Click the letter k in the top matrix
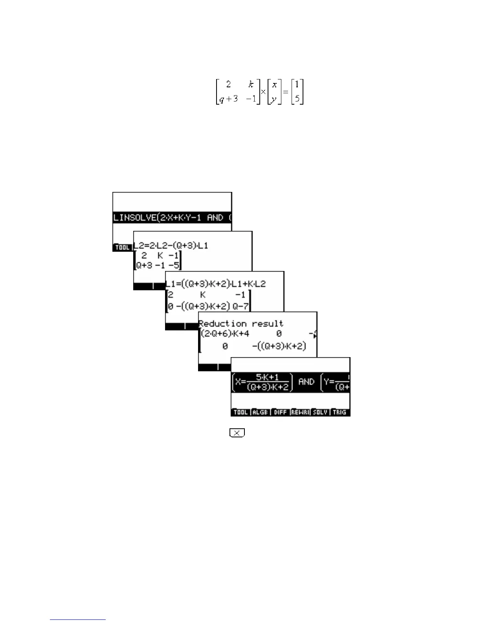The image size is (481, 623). (x=251, y=84)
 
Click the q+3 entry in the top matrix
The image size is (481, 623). (x=229, y=98)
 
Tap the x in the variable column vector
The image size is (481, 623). (x=274, y=85)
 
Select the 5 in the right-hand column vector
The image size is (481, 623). (x=297, y=98)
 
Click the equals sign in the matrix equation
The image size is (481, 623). (x=286, y=92)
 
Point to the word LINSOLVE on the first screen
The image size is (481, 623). (x=134, y=217)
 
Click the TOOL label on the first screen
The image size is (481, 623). (x=122, y=247)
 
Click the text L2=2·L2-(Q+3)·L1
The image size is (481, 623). (x=171, y=245)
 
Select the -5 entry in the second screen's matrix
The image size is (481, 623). (x=174, y=265)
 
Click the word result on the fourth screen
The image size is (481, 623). (x=267, y=324)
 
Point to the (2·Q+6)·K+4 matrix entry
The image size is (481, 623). (x=225, y=334)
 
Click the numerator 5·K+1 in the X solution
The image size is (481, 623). (x=267, y=377)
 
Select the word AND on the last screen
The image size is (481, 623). (x=306, y=382)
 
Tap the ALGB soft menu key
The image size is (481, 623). (x=260, y=412)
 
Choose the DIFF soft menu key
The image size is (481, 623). (x=280, y=412)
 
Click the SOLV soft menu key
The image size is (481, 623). (x=320, y=412)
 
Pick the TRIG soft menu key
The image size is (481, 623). (x=340, y=412)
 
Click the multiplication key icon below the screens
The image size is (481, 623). (x=237, y=433)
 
